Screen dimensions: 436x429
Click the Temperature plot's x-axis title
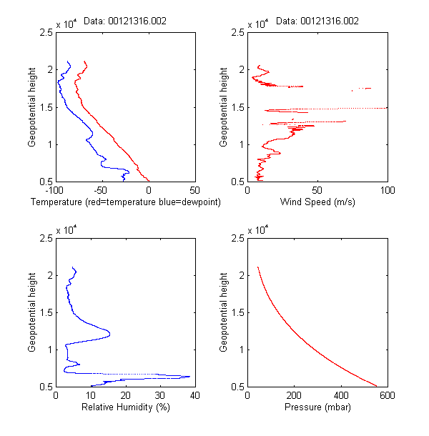126,203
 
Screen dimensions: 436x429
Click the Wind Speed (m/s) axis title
317,203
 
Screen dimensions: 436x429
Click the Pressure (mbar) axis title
317,407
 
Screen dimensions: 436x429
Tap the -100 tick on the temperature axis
56,191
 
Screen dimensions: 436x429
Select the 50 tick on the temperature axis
195,191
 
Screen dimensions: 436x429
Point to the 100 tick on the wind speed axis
387,191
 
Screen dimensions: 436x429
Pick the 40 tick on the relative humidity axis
195,395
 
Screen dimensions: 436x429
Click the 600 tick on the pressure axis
387,395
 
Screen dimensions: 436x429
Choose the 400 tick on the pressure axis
340,395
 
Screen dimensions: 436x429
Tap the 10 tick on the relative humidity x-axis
91,395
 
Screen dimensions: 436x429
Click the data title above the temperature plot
125,21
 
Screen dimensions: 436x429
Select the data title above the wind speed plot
317,21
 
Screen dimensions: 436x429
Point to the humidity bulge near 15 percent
109,332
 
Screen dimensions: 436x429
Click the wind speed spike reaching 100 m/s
385,108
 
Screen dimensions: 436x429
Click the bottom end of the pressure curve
376,386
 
